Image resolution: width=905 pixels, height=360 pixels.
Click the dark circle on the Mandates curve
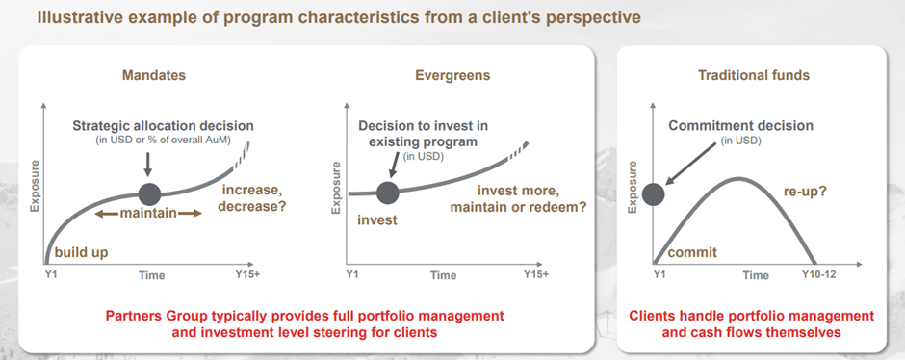[149, 193]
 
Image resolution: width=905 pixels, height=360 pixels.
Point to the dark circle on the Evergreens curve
[388, 193]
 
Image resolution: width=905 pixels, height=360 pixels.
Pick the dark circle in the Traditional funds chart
[653, 193]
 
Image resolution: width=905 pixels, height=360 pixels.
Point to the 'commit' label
[693, 252]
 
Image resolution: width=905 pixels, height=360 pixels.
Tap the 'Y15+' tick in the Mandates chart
[248, 275]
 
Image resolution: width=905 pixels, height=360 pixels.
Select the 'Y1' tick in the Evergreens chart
[350, 275]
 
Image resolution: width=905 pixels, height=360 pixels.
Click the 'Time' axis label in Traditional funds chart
[756, 275]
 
